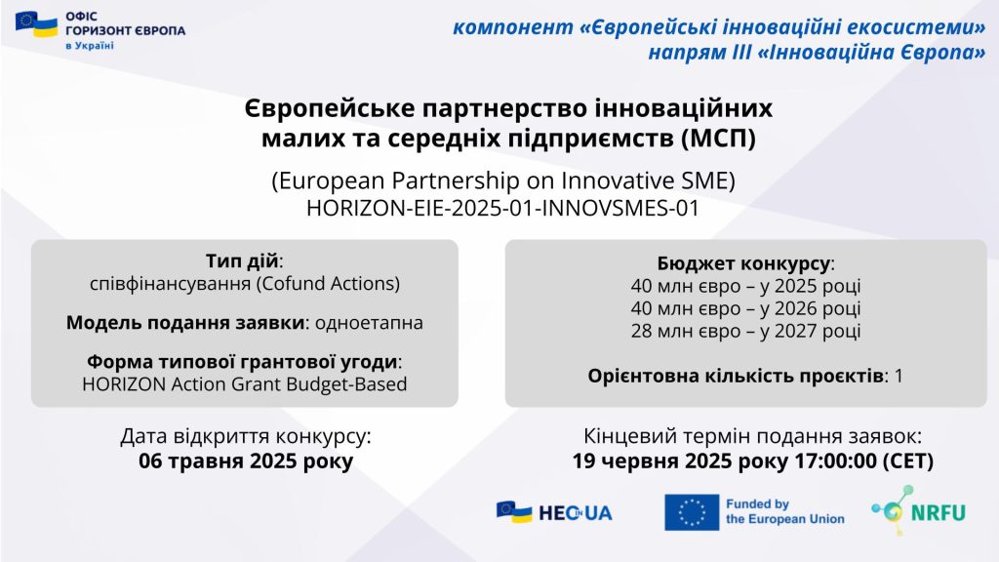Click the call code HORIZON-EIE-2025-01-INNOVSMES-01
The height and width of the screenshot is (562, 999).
point(502,209)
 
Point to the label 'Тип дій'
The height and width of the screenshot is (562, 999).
point(242,261)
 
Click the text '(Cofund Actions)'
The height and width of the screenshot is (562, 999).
point(328,283)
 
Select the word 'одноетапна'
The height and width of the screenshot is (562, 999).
point(369,322)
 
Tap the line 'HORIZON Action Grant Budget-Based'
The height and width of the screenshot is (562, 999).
point(245,384)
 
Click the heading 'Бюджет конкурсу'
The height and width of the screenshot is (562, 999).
point(743,263)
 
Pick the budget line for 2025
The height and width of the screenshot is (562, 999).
point(745,286)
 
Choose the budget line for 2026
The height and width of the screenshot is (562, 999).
point(745,308)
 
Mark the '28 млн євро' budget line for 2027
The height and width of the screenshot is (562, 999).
point(745,331)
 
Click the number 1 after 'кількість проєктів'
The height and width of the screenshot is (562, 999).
point(899,376)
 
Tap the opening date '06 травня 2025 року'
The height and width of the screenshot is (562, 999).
point(245,461)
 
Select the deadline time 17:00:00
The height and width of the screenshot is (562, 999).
point(835,461)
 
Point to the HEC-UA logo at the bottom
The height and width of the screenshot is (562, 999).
point(554,511)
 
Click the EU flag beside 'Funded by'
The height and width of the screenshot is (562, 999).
point(692,512)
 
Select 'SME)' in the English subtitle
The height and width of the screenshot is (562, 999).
point(711,181)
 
